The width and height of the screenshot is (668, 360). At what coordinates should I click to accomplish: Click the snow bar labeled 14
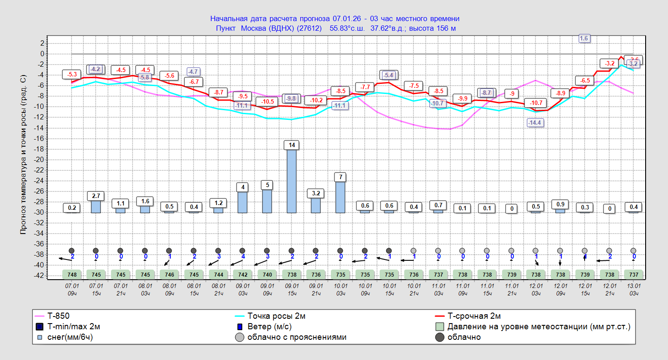291,181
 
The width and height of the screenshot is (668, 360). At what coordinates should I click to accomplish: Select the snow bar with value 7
340,197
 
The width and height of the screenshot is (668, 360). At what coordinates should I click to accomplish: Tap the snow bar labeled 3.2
316,205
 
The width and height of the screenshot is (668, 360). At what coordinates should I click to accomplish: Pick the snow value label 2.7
96,196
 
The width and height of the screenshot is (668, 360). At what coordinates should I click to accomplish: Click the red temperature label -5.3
72,75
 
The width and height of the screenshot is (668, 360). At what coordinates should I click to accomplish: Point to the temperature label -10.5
268,101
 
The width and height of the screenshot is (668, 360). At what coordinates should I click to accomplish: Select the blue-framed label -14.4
535,122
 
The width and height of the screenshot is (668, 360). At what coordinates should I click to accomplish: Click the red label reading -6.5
585,80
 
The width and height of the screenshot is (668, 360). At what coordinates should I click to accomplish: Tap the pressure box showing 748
72,274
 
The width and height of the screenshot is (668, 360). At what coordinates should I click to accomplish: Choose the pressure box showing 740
267,274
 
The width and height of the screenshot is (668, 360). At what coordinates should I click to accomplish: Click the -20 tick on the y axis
41,159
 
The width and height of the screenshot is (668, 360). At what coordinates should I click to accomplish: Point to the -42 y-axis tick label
40,275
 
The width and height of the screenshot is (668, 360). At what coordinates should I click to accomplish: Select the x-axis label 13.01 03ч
634,289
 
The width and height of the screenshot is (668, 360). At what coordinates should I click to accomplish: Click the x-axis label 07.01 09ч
72,289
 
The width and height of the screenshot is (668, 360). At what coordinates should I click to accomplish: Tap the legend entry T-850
58,316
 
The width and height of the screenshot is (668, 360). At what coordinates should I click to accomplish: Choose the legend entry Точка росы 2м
276,316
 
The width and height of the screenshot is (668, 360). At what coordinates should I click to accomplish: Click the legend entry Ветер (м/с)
269,327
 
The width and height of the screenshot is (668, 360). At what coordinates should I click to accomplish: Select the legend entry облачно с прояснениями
297,337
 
